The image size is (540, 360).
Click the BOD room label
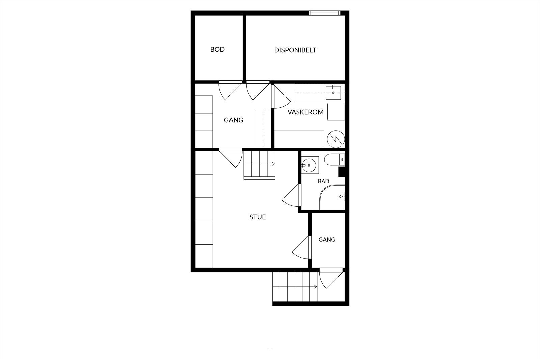pyautogui.click(x=217, y=49)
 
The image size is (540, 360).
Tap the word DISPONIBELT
pyautogui.click(x=295, y=50)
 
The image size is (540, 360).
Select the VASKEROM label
pyautogui.click(x=305, y=112)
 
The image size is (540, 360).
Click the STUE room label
pyautogui.click(x=258, y=217)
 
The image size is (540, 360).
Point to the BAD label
pyautogui.click(x=324, y=181)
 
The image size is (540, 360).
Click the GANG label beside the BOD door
pyautogui.click(x=233, y=120)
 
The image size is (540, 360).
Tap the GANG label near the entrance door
pyautogui.click(x=327, y=240)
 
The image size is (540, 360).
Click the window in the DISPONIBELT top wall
pyautogui.click(x=324, y=13)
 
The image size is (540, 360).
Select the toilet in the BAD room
pyautogui.click(x=334, y=160)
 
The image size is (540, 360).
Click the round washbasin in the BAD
pyautogui.click(x=309, y=165)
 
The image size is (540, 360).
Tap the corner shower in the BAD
pyautogui.click(x=332, y=197)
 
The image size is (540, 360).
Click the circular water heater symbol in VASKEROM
pyautogui.click(x=336, y=139)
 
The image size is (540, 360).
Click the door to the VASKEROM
pyautogui.click(x=280, y=96)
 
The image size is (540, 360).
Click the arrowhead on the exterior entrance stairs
pyautogui.click(x=315, y=287)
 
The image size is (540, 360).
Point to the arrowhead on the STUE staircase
pyautogui.click(x=273, y=164)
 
